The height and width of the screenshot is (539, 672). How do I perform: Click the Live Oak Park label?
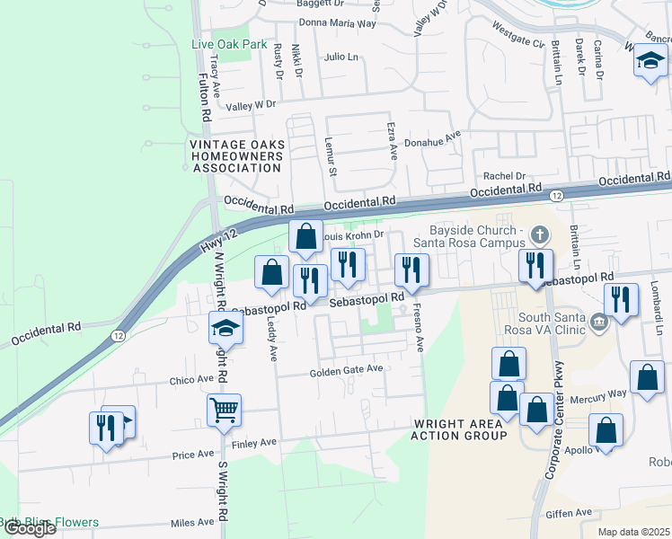229,43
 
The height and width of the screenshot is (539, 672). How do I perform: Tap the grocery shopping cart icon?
224,410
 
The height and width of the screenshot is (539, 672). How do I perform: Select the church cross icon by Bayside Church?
539,235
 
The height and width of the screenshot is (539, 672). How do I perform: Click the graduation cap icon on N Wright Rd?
226,328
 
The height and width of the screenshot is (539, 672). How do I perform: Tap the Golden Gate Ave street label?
347,370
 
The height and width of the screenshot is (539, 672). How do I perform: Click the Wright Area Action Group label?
460,429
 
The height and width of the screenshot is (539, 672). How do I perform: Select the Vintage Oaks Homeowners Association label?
236,155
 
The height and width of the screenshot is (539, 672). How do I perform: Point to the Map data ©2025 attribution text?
633,532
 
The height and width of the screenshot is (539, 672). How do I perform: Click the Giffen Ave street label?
569,513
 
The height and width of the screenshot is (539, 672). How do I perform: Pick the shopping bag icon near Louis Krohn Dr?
305,236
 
